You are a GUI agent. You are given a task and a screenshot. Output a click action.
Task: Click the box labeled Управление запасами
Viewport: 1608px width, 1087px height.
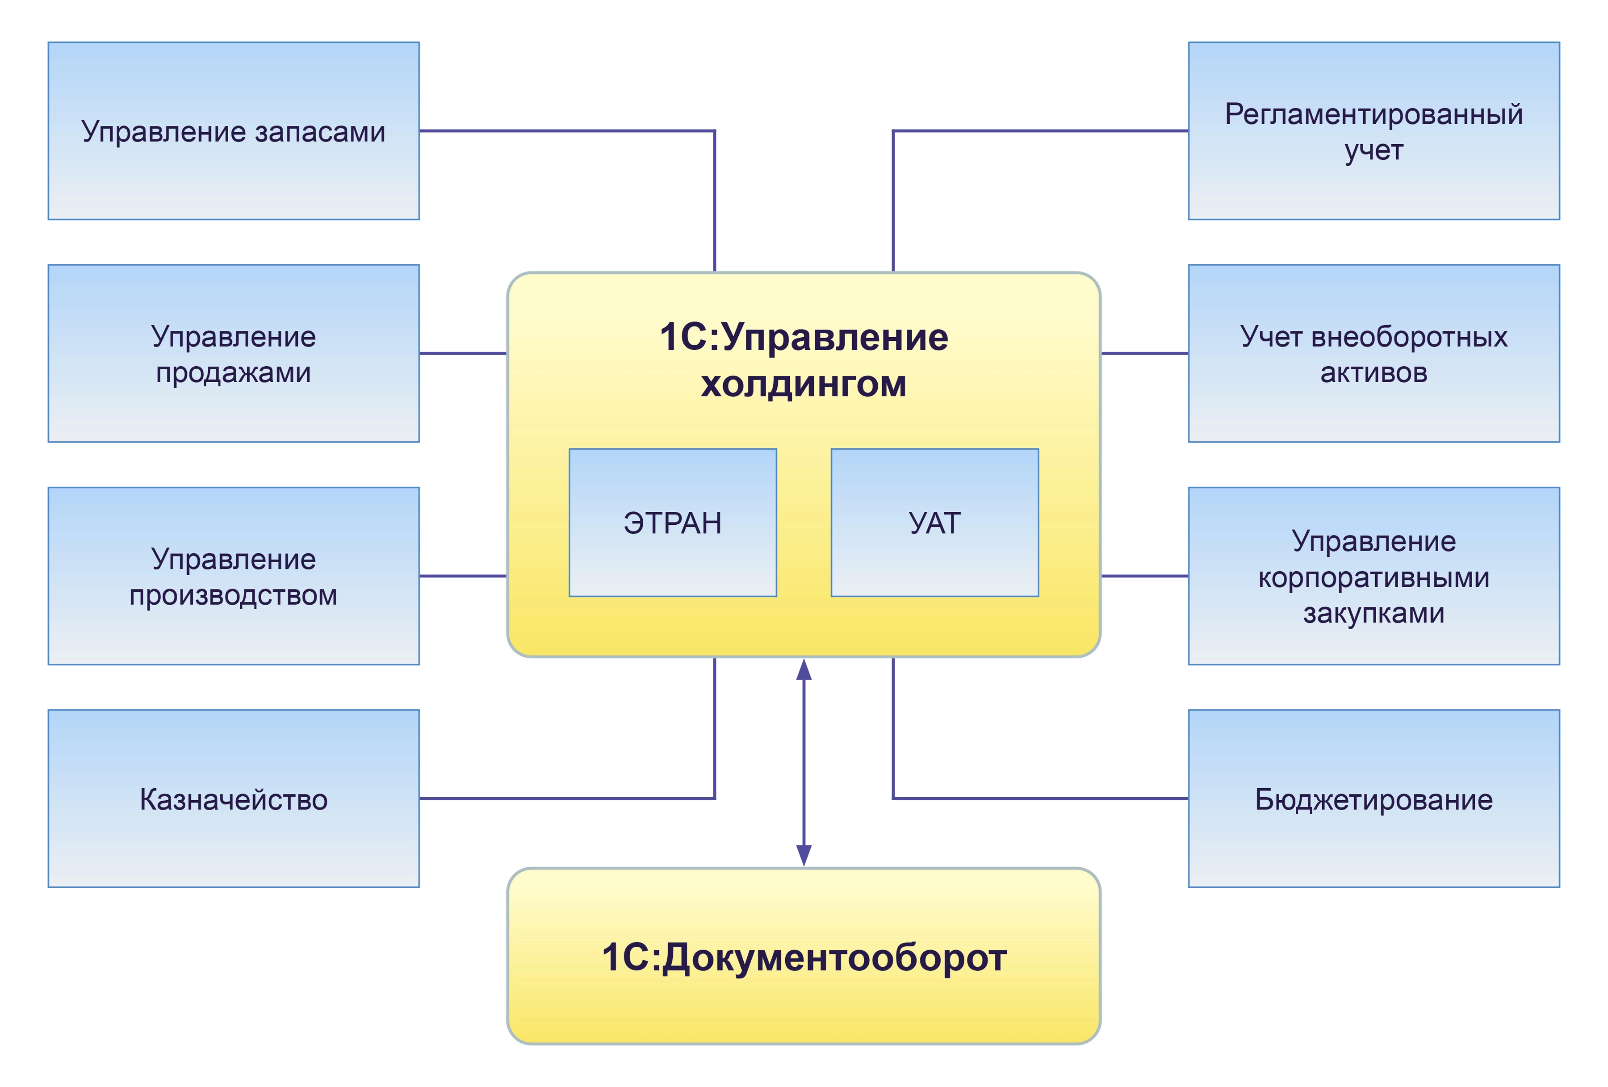tap(233, 131)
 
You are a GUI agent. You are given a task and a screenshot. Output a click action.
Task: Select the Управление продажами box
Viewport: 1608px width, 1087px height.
tap(233, 354)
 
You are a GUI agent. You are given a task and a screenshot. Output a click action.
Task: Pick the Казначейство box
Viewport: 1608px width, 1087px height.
tap(233, 799)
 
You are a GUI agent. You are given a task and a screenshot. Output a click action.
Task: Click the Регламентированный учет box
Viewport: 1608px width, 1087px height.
tap(1373, 131)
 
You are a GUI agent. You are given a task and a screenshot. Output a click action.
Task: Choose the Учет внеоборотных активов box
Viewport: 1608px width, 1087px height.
tap(1373, 354)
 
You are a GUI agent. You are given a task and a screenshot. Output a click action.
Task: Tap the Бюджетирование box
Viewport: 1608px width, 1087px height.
tap(1373, 799)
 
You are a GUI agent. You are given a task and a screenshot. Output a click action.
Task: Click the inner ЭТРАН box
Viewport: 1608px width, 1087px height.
tap(673, 523)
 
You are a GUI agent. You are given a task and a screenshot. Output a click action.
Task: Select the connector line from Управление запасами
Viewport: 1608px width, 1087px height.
tap(567, 131)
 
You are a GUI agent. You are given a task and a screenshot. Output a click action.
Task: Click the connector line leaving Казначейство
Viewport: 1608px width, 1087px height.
tap(567, 799)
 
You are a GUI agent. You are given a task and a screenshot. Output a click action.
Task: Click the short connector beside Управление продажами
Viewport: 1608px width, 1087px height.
tap(462, 354)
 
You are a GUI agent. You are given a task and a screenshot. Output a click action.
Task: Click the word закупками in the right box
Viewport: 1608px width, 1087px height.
tap(1373, 613)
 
